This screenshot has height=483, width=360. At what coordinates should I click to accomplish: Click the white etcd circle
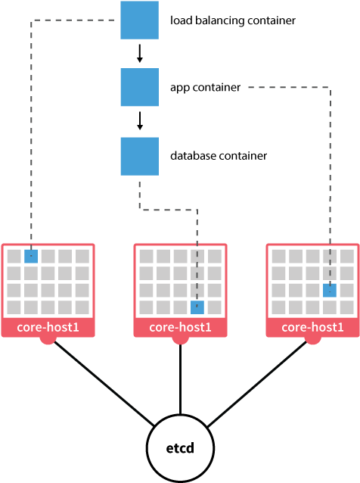[x=180, y=447]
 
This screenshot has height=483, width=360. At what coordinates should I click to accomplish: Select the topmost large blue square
[x=139, y=20]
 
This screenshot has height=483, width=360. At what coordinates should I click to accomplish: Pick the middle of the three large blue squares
[x=139, y=87]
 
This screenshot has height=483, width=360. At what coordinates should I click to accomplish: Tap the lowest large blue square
[x=139, y=156]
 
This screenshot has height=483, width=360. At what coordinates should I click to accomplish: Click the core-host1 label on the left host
[x=48, y=328]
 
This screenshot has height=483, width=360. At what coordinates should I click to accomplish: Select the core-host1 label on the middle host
[x=180, y=328]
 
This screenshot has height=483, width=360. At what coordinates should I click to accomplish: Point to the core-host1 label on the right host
[x=312, y=328]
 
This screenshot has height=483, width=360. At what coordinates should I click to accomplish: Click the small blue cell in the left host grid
[x=31, y=256]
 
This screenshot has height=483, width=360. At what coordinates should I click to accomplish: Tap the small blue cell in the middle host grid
[x=197, y=307]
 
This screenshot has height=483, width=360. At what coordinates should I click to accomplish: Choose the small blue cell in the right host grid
[x=330, y=290]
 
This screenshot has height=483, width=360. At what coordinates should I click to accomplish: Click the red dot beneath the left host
[x=48, y=340]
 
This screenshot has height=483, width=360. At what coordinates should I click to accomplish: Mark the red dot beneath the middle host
[x=180, y=340]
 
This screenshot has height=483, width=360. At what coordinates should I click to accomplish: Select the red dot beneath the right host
[x=312, y=340]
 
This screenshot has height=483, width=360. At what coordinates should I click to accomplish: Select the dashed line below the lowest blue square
[x=166, y=210]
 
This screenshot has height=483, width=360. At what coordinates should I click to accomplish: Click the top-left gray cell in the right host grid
[x=278, y=256]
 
